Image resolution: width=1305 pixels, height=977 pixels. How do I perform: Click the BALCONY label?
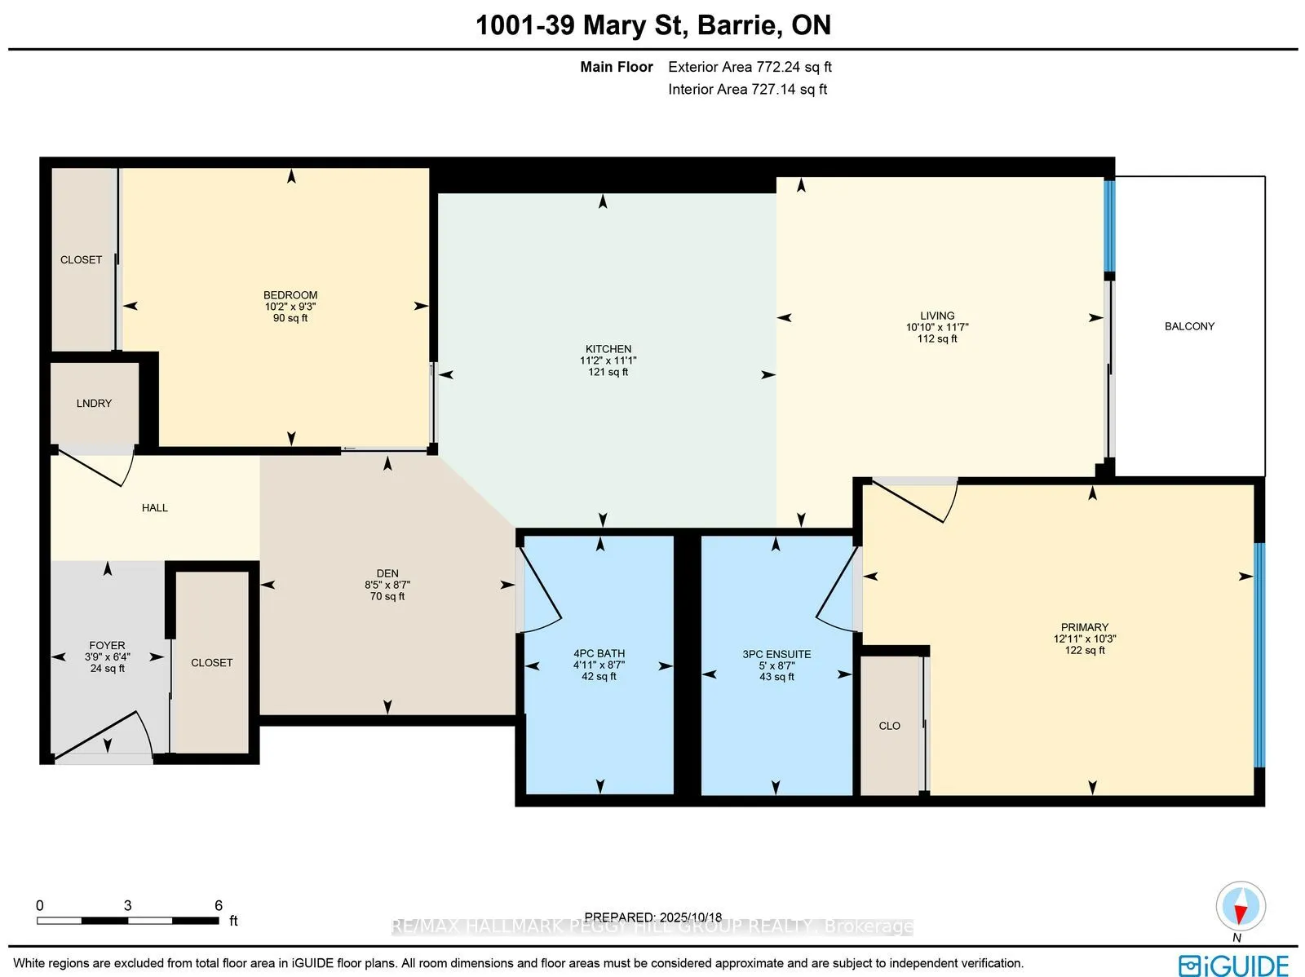click(1189, 326)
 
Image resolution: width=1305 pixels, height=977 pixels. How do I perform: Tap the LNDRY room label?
click(94, 404)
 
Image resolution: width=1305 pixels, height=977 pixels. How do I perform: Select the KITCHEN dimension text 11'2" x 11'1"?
click(608, 360)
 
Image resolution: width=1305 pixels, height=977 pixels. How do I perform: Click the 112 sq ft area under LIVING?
click(937, 338)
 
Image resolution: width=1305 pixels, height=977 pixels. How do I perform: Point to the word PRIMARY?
click(1084, 627)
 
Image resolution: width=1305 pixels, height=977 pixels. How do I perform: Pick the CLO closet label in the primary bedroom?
click(889, 726)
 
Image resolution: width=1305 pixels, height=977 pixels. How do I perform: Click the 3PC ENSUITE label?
click(776, 654)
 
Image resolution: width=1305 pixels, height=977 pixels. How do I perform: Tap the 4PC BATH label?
click(599, 653)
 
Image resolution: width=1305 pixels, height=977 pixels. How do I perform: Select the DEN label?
click(387, 573)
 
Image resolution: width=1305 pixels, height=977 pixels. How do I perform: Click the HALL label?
click(154, 508)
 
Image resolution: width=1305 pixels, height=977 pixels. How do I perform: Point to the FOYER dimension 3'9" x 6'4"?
click(107, 656)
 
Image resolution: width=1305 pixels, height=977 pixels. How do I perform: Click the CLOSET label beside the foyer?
click(211, 663)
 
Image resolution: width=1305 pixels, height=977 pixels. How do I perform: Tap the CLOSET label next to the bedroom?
click(81, 260)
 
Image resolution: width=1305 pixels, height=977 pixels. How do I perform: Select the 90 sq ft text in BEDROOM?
click(290, 318)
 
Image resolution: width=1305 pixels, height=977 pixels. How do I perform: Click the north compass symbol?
click(1240, 907)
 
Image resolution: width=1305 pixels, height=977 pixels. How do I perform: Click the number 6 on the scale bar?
click(219, 905)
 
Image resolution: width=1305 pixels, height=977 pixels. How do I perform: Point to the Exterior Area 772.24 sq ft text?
click(750, 67)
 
